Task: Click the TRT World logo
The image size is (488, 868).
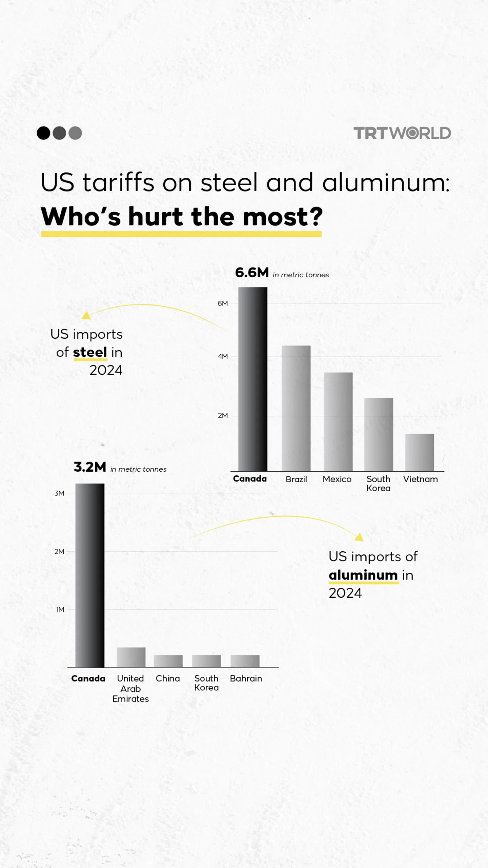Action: (x=402, y=133)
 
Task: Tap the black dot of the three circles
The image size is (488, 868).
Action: (x=43, y=133)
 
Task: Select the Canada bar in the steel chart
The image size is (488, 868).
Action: (x=252, y=379)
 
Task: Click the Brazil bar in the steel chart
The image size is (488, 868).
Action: (x=296, y=408)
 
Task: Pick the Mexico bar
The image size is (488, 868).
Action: (x=338, y=422)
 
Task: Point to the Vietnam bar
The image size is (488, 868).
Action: (x=419, y=452)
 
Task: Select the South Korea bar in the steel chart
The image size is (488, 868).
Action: (x=379, y=434)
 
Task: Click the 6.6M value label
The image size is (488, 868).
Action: (x=252, y=273)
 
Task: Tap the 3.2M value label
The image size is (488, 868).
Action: (x=90, y=467)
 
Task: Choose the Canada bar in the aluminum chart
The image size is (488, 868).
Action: (x=90, y=575)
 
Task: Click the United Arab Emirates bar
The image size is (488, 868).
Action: (x=131, y=657)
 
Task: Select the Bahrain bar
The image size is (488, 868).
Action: (x=245, y=661)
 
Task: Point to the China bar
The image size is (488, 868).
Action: (x=168, y=661)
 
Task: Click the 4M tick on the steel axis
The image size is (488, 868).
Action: (x=223, y=356)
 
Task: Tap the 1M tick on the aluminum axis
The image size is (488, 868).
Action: (x=60, y=609)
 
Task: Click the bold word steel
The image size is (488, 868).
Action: (x=90, y=352)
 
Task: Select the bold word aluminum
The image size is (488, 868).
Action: (x=363, y=575)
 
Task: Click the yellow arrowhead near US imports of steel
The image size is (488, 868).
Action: (x=86, y=315)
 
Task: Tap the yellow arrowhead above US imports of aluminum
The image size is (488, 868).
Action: (x=359, y=537)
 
